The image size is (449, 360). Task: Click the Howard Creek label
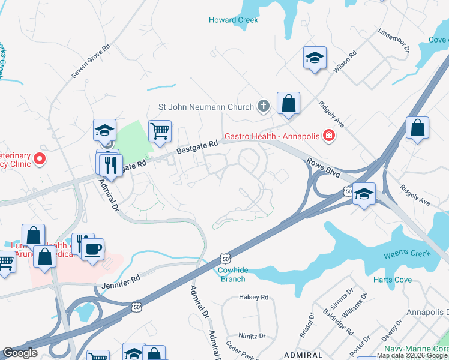pos(234,20)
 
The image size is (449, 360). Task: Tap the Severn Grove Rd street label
pos(91,61)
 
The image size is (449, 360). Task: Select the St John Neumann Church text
pos(206,107)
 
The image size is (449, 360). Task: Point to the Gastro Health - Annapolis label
pos(272,136)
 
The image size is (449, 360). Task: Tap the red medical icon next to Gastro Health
pos(328,136)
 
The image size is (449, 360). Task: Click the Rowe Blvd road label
pos(324,168)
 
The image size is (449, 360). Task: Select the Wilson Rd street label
pos(345,61)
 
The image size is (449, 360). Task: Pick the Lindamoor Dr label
pos(393,40)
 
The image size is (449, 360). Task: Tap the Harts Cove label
pos(393,280)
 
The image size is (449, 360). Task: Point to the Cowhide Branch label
pos(231,275)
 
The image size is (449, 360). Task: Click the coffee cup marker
pos(93,248)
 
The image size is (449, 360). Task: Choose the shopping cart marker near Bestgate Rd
pos(160,130)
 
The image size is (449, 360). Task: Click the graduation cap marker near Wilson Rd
pos(315,58)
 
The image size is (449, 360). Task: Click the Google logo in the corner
pos(20,353)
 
